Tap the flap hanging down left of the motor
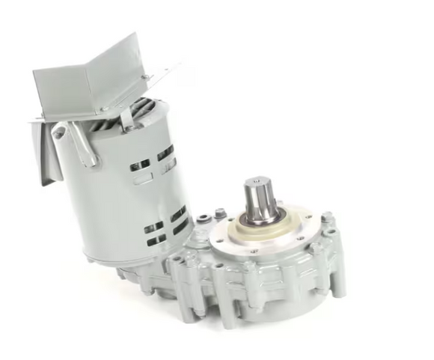point(47,153)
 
